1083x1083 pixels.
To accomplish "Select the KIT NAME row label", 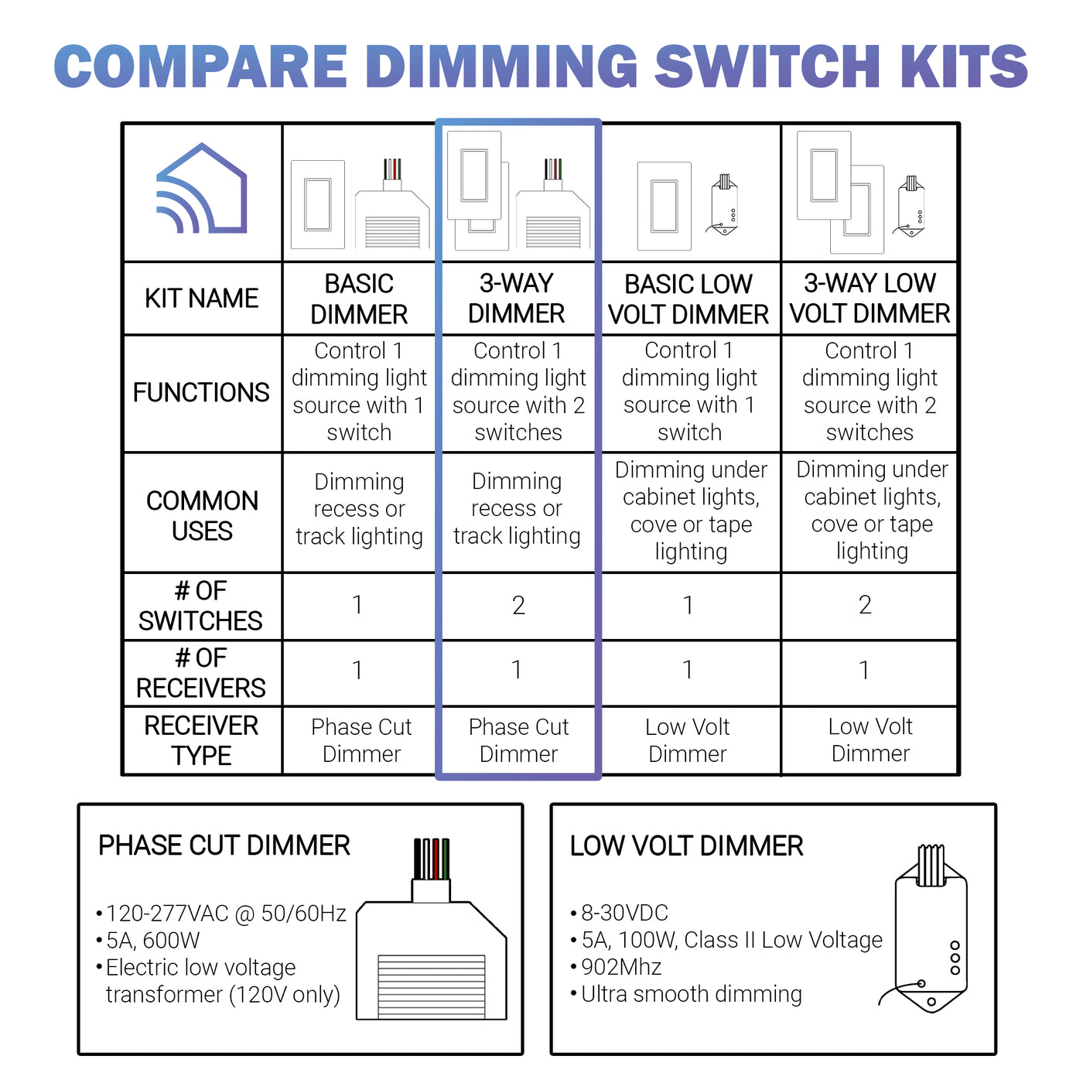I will pyautogui.click(x=201, y=299).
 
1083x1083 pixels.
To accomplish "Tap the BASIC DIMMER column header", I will pyautogui.click(x=359, y=299).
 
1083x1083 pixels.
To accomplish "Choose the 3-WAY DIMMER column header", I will pyautogui.click(x=517, y=299).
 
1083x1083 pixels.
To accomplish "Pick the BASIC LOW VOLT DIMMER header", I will pyautogui.click(x=688, y=299).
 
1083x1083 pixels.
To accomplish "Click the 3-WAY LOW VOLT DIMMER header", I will pyautogui.click(x=869, y=299).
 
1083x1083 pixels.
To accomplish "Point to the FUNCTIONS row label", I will pyautogui.click(x=201, y=393).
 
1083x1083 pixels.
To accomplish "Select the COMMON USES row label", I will pyautogui.click(x=202, y=516).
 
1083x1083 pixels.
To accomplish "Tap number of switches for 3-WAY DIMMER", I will pyautogui.click(x=518, y=606).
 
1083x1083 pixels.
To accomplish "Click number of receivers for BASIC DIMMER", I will pyautogui.click(x=357, y=671).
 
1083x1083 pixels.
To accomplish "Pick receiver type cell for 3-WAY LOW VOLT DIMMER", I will pyautogui.click(x=870, y=740).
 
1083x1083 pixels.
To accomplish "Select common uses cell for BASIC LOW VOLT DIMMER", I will pyautogui.click(x=691, y=511).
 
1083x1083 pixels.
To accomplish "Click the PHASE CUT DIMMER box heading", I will pyautogui.click(x=224, y=846).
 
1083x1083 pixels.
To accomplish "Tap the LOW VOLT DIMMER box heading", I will pyautogui.click(x=686, y=846).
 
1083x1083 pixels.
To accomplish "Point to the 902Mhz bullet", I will pyautogui.click(x=621, y=968).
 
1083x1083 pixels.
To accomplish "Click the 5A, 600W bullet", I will pyautogui.click(x=152, y=941).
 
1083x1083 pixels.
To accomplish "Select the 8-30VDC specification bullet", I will pyautogui.click(x=624, y=914).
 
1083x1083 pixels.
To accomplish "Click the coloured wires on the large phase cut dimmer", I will pyautogui.click(x=431, y=859).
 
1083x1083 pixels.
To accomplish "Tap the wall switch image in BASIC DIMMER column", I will pyautogui.click(x=318, y=205).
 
